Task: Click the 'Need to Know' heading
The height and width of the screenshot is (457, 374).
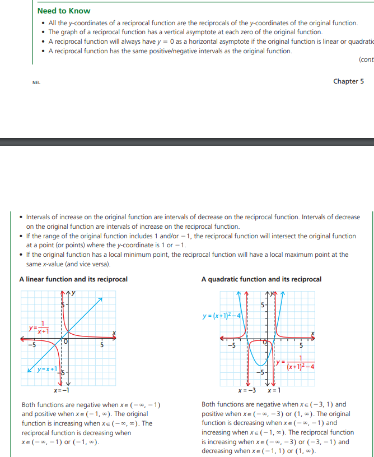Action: tap(63, 11)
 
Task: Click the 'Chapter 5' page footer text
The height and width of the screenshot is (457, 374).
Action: tap(348, 81)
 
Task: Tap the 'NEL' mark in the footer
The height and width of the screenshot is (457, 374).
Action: tap(36, 83)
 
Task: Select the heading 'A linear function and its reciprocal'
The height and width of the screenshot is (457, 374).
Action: tap(73, 279)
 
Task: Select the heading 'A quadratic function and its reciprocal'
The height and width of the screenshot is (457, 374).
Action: tap(261, 279)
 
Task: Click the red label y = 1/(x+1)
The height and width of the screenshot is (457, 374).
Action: tap(40, 328)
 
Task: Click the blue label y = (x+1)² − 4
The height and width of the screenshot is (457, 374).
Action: tap(221, 316)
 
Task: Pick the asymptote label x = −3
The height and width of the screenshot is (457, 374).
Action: tap(247, 390)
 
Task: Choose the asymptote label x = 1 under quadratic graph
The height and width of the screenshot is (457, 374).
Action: tap(274, 390)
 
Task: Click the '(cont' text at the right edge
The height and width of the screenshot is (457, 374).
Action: tap(366, 59)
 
